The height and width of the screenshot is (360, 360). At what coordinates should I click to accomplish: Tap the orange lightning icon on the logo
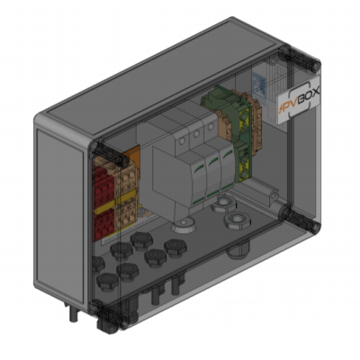coord(282,109)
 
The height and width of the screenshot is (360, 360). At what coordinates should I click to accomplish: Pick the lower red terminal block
coord(103,224)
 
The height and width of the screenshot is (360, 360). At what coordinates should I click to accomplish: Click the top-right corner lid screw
coord(315,66)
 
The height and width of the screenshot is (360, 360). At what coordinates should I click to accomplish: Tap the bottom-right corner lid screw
coord(315,227)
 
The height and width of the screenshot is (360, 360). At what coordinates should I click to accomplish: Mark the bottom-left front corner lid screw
coord(123,325)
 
